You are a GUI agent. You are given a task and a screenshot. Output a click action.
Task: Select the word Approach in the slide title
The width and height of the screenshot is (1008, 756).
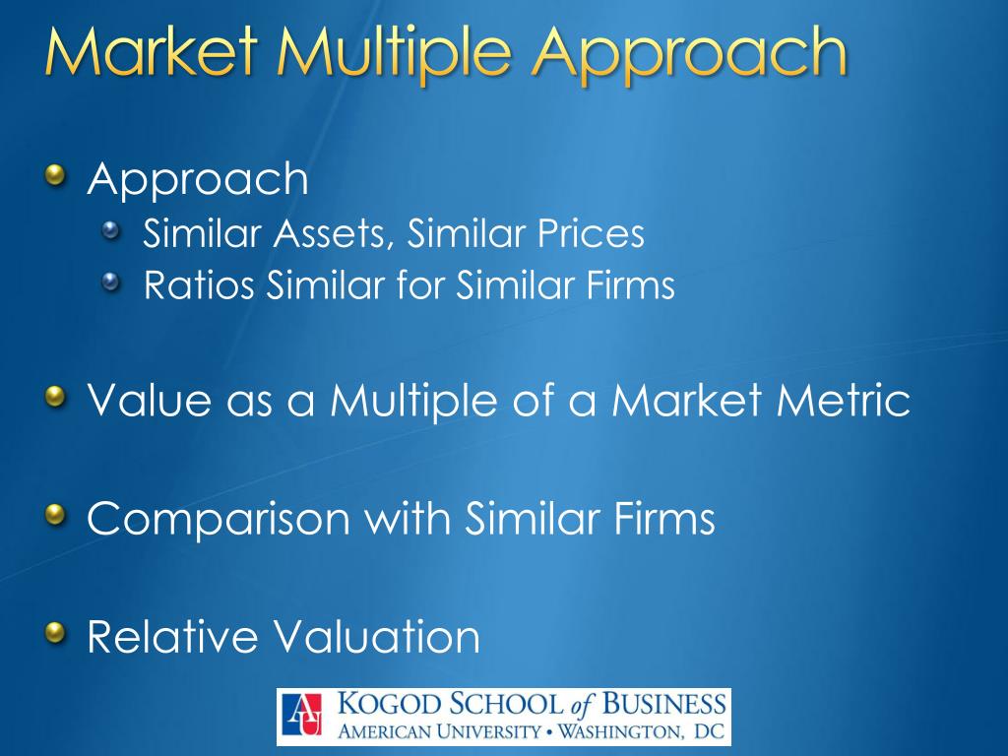coord(690,55)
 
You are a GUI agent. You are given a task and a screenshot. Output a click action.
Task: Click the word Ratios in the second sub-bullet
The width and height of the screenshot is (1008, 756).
coord(200,285)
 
